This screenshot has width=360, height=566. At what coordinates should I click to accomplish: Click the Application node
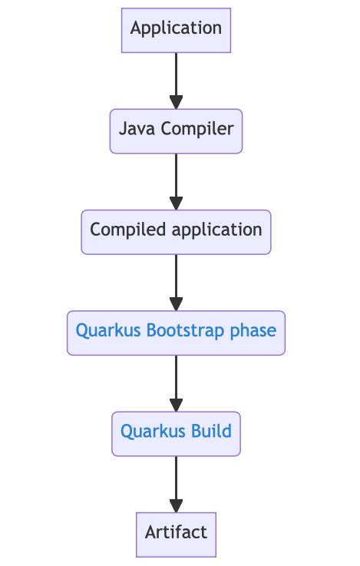click(x=176, y=30)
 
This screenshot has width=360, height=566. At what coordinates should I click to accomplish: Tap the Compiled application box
click(x=176, y=231)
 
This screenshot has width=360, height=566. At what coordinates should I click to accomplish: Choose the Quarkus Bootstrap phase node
click(x=176, y=333)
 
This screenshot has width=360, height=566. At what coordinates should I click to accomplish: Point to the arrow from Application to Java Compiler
click(x=176, y=77)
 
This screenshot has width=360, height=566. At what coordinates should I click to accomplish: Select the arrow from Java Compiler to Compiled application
click(x=176, y=178)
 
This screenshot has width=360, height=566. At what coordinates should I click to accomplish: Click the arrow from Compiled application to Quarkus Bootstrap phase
click(x=176, y=279)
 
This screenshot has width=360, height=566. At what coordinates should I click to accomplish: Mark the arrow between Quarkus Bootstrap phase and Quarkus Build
click(x=176, y=380)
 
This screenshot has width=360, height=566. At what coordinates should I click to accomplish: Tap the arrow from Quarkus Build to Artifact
click(x=176, y=481)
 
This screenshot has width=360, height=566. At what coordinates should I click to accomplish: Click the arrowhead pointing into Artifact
click(x=176, y=505)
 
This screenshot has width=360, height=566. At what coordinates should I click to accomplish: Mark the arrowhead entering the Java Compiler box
click(x=176, y=102)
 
